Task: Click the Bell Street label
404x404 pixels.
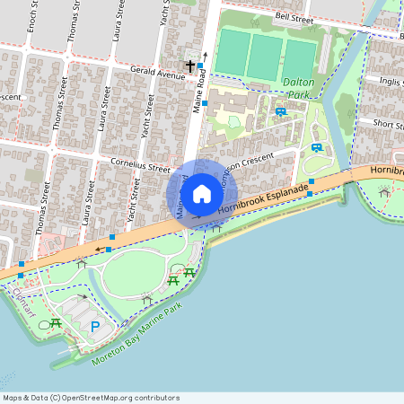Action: pyautogui.click(x=294, y=17)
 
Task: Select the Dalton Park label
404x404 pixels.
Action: pyautogui.click(x=297, y=87)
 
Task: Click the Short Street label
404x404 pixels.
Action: pyautogui.click(x=387, y=125)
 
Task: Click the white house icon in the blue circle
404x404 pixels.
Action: pyautogui.click(x=202, y=193)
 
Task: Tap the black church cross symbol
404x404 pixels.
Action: pyautogui.click(x=189, y=66)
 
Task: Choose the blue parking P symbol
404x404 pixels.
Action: pyautogui.click(x=95, y=327)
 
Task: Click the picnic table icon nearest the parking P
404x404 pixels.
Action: pyautogui.click(x=56, y=322)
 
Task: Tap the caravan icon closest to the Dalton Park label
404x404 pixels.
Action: pyautogui.click(x=281, y=111)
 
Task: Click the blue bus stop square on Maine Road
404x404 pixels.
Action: pyautogui.click(x=205, y=104)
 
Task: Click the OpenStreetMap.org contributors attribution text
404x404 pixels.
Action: pyautogui.click(x=115, y=398)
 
